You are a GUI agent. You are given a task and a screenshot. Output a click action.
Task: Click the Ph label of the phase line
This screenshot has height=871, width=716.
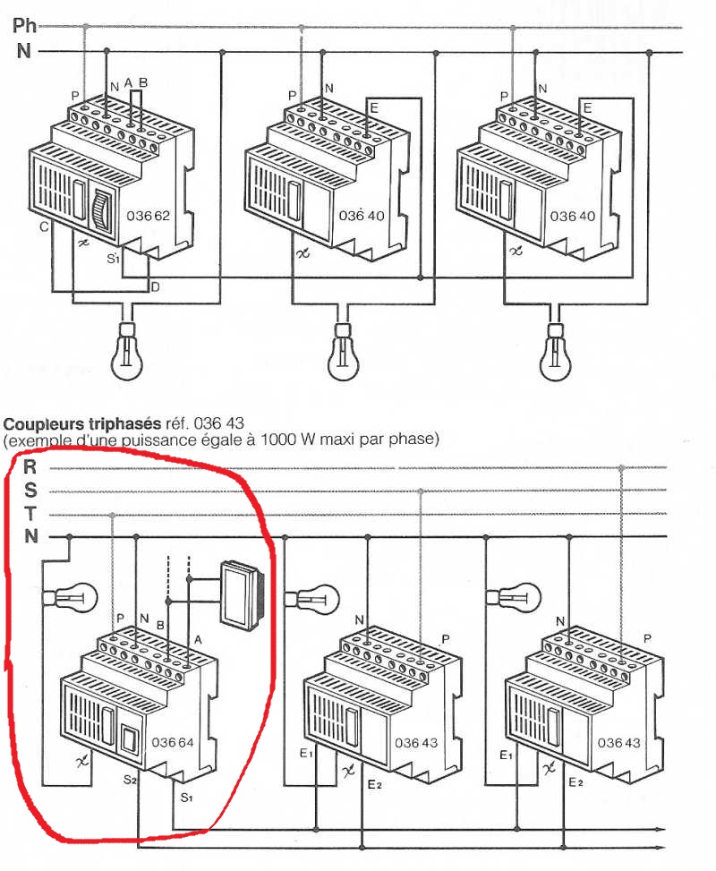click(x=25, y=25)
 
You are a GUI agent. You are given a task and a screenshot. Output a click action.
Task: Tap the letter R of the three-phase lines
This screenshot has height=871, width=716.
click(x=30, y=465)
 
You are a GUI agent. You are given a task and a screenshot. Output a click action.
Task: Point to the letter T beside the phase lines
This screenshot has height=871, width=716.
click(x=30, y=514)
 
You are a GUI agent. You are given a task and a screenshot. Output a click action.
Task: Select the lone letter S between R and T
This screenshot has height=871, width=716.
click(x=30, y=490)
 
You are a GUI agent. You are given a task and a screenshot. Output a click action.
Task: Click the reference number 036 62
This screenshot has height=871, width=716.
click(x=149, y=216)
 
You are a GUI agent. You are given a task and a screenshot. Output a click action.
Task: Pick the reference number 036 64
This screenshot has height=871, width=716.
click(x=173, y=742)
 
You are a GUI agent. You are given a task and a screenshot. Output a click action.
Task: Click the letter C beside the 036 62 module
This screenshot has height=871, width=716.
click(x=43, y=228)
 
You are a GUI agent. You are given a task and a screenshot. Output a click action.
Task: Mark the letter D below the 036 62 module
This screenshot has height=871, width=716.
click(x=155, y=286)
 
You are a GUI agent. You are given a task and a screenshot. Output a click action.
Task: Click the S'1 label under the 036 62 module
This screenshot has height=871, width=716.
click(x=113, y=260)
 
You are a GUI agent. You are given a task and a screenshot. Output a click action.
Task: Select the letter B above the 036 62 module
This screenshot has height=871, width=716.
click(x=143, y=83)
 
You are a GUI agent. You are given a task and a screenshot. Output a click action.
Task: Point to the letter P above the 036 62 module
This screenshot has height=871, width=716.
click(x=75, y=95)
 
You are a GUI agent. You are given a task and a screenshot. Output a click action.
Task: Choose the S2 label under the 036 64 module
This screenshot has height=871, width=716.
click(x=130, y=780)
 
